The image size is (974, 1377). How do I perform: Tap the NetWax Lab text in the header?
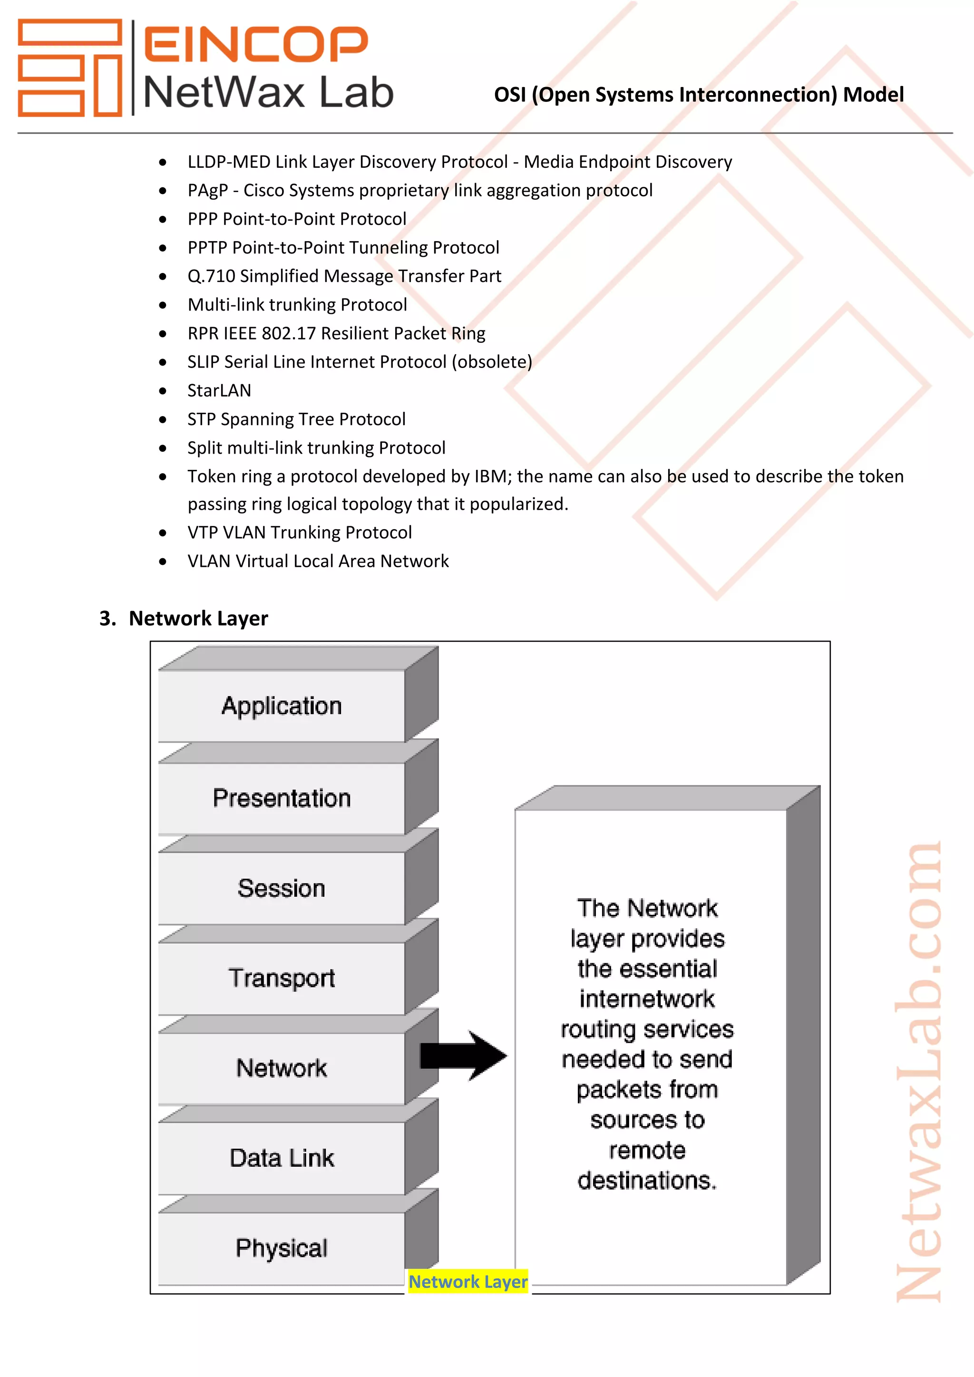(x=268, y=93)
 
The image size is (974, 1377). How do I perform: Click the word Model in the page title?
(x=873, y=95)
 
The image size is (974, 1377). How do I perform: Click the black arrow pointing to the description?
(x=464, y=1056)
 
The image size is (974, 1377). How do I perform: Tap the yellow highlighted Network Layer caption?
(x=468, y=1281)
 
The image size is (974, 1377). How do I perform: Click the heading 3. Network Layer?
(x=184, y=618)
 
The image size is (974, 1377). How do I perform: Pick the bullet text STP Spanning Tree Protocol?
(x=296, y=419)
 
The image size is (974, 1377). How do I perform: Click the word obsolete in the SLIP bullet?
(x=492, y=362)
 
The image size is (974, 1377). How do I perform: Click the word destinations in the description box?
(x=646, y=1181)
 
